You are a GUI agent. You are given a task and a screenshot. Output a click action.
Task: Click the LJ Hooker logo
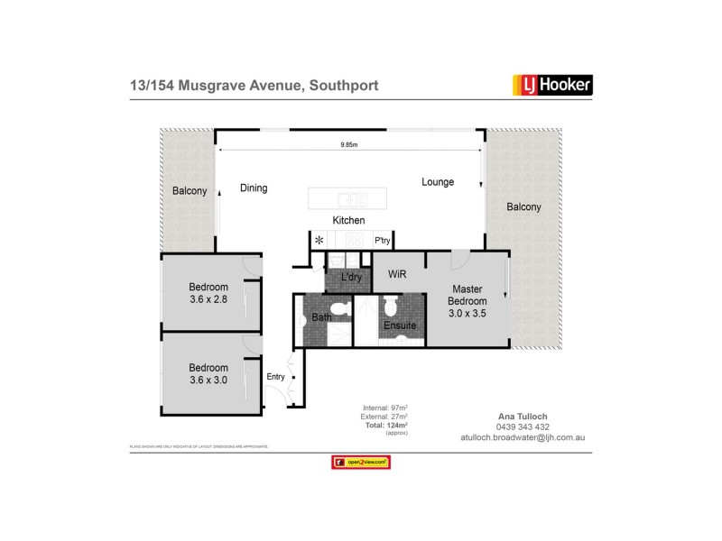552,85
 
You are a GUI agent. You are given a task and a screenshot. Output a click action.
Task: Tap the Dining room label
254,188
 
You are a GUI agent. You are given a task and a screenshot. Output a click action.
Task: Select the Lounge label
438,182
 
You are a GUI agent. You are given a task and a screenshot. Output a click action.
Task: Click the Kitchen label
348,220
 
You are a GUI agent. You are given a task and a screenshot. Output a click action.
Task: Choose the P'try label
383,241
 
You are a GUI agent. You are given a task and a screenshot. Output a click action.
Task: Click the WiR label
396,273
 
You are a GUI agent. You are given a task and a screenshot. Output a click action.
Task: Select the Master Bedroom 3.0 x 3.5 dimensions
467,313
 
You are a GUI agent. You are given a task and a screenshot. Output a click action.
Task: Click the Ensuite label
399,325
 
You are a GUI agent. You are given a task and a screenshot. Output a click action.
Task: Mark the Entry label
275,377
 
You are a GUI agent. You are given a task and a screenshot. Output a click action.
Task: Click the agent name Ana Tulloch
522,417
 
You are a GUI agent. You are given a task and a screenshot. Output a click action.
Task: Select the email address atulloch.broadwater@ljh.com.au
522,437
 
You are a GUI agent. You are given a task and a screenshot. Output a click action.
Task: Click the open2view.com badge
361,462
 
